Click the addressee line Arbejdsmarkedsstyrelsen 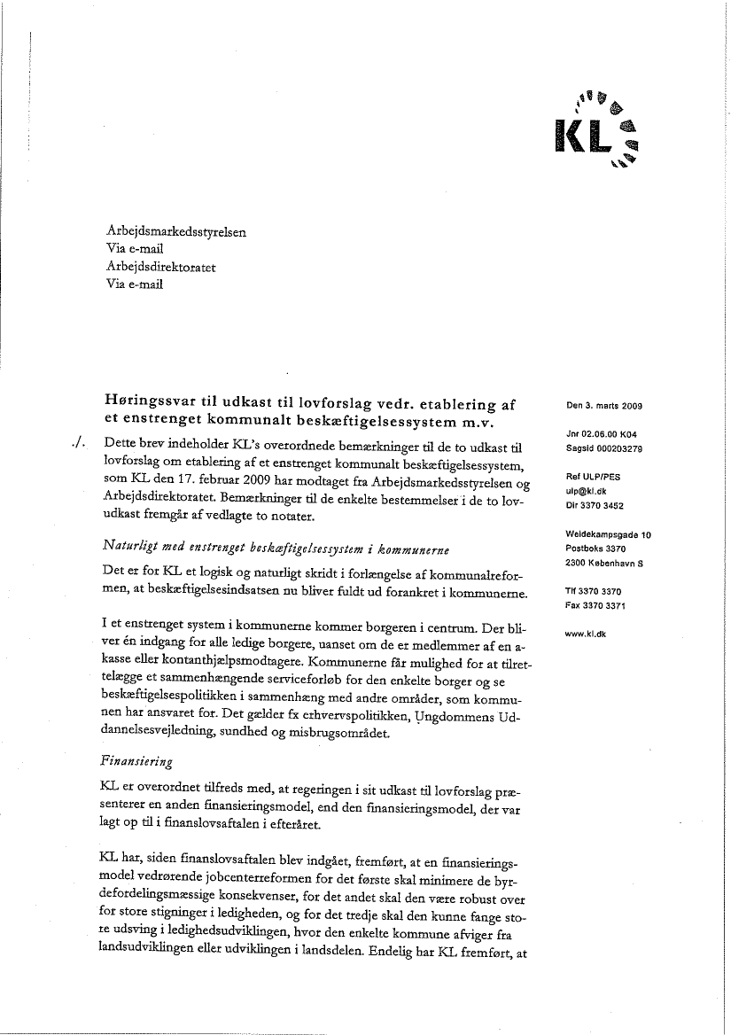[175, 232]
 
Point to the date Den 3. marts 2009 [603, 407]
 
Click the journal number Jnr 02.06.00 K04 [603, 435]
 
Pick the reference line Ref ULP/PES [593, 477]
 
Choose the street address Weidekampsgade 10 [608, 534]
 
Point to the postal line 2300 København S [603, 563]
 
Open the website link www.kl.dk [585, 634]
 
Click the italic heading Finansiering [136, 761]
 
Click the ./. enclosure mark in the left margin [81, 441]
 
